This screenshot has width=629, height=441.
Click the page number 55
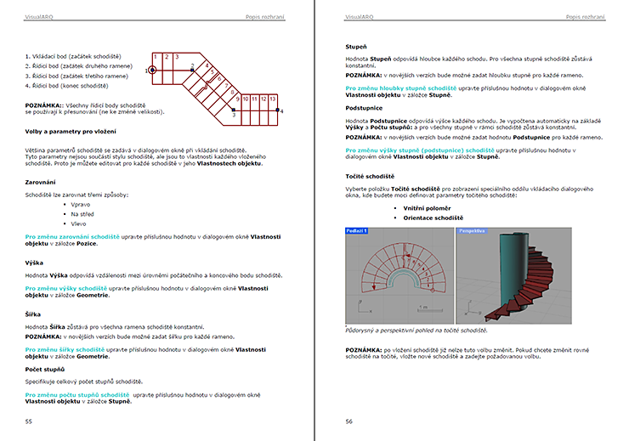tap(29, 421)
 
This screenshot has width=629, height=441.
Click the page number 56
tap(348, 421)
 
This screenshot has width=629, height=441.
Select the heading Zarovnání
tap(41, 182)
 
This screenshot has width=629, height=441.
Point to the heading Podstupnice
tap(364, 109)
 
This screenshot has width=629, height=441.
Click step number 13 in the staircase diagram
tap(273, 99)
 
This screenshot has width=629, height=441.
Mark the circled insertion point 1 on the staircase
tap(151, 71)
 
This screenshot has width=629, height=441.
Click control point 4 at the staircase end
tap(281, 110)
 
